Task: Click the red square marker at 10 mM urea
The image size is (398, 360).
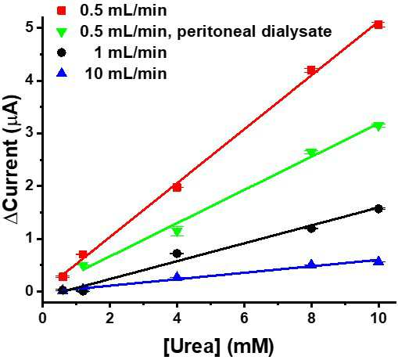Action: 378,25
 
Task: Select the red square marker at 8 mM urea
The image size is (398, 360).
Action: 311,70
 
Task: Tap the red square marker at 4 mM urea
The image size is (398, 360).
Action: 177,187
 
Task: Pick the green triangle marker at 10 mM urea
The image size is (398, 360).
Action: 378,127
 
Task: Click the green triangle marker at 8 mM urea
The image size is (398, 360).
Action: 311,153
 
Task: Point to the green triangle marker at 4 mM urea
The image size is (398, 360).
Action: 177,232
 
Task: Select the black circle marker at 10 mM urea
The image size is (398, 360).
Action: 378,209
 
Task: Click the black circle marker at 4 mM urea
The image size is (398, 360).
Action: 177,254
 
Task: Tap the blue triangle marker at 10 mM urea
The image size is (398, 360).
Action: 378,261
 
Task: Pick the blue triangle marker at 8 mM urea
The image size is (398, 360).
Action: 311,264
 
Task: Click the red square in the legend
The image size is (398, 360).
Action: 62,11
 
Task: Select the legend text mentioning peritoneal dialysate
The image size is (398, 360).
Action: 206,32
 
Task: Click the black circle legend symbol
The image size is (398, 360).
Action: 62,52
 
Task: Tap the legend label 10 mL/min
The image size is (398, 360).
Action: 126,74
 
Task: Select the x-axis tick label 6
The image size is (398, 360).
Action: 244,319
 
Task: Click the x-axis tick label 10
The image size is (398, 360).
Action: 378,319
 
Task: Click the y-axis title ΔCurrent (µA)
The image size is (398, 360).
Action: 13,159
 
